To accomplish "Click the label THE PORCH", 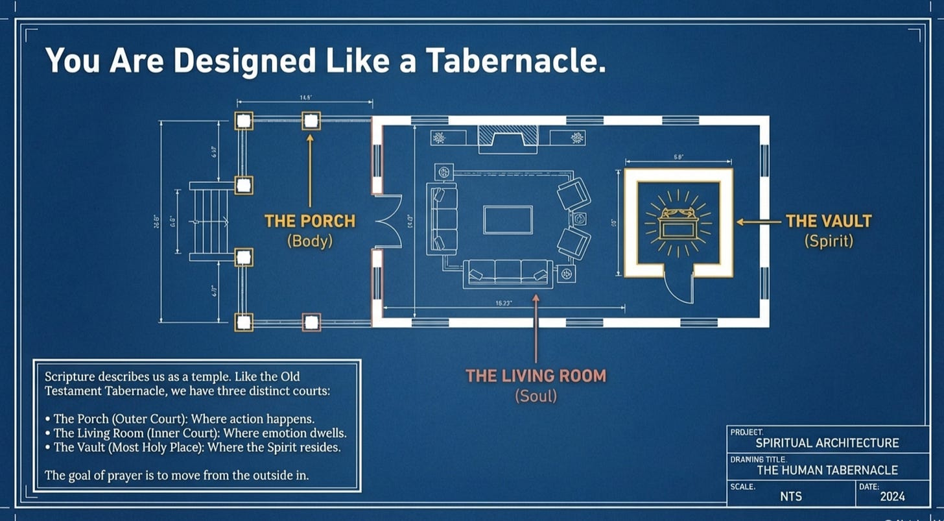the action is point(310,221).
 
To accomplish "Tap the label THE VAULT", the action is point(829,221).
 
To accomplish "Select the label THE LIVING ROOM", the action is point(536,376).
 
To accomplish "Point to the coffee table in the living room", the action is point(508,219).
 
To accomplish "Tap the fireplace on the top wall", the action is point(508,138).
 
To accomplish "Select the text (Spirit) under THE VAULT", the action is point(829,241).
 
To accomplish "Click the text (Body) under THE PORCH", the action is point(310,241).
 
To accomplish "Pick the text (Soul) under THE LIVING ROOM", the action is point(536,395).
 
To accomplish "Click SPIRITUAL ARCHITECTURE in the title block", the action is point(827,443).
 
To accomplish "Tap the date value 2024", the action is point(892,497).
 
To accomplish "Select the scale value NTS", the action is point(790,497).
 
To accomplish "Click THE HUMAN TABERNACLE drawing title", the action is point(827,470).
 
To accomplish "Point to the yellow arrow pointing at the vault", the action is point(759,222).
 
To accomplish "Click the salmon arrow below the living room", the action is point(536,328).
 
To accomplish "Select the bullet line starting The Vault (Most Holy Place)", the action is point(197,448).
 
